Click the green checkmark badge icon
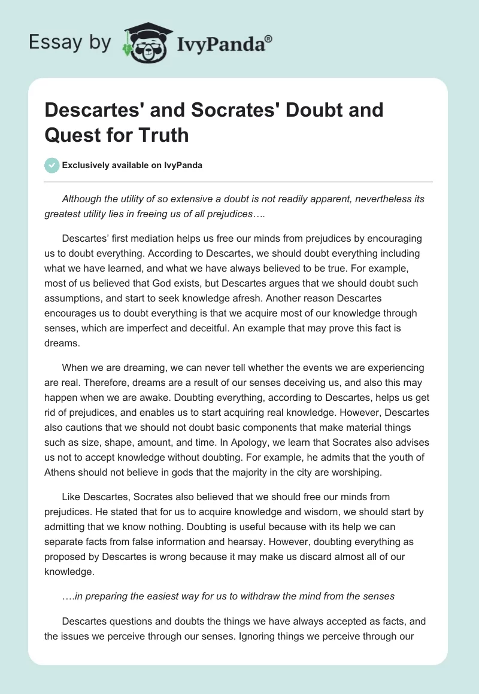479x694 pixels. tap(51, 165)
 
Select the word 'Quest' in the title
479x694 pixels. tap(72, 135)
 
